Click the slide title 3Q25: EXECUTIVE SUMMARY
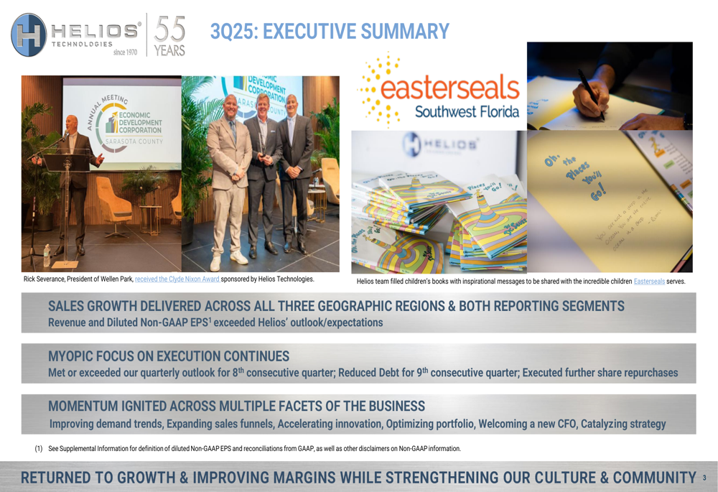coord(330,31)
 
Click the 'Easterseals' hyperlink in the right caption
coord(649,281)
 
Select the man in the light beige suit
coord(228,187)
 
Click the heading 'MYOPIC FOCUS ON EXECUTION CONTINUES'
coord(169,356)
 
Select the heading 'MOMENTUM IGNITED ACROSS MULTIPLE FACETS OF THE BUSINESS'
coord(236,407)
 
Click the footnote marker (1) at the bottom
coord(39,449)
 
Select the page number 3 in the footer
coord(704,478)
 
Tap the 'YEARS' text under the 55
coord(169,50)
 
